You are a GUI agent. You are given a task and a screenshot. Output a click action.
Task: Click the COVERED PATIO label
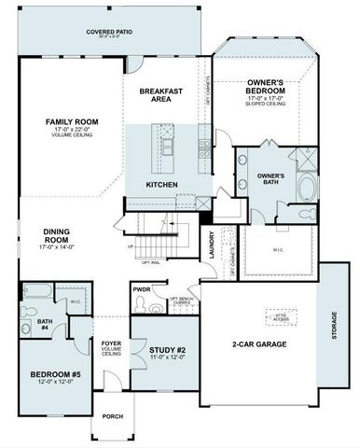(x=109, y=31)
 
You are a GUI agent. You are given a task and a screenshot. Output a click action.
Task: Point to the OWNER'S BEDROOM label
(x=271, y=87)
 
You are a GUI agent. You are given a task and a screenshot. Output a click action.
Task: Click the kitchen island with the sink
(x=169, y=148)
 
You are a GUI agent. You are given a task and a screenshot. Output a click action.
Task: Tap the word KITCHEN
(x=161, y=185)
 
